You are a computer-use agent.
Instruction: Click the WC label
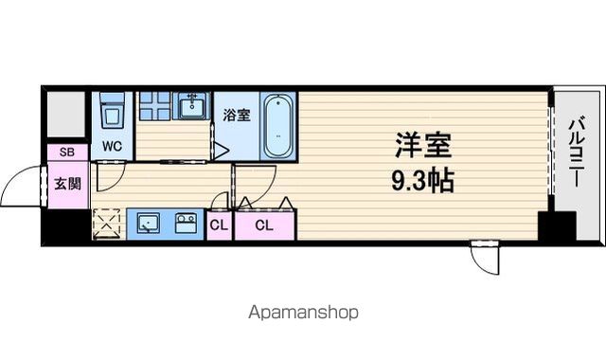click(x=112, y=146)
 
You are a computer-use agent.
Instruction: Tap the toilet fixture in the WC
click(x=113, y=110)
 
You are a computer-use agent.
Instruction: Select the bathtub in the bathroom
click(x=277, y=126)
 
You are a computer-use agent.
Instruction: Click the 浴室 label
click(x=237, y=115)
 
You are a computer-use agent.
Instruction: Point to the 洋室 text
click(x=423, y=145)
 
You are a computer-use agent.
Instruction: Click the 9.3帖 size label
click(x=422, y=180)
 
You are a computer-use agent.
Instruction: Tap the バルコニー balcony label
click(x=577, y=153)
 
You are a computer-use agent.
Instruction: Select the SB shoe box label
click(x=67, y=152)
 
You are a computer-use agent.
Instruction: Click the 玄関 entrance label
click(x=67, y=184)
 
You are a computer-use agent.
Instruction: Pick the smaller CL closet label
click(x=219, y=225)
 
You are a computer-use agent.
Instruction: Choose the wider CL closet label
click(x=264, y=225)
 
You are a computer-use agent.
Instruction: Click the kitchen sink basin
click(x=149, y=224)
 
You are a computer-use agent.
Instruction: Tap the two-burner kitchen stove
click(x=186, y=224)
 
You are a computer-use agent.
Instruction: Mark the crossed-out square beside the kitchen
click(x=107, y=224)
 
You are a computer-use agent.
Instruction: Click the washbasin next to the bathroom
click(x=191, y=106)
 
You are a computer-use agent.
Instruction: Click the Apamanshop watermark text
click(x=303, y=312)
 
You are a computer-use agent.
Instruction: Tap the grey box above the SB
click(x=66, y=114)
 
